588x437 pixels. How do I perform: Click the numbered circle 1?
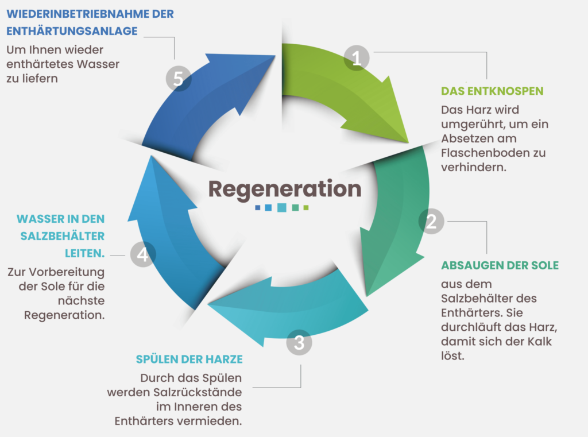point(356,58)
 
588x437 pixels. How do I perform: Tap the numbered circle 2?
point(431,222)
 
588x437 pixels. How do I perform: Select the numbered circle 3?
point(299,343)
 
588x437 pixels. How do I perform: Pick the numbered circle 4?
point(142,254)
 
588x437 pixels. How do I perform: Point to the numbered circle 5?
point(178,79)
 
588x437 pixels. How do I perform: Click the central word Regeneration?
point(284,188)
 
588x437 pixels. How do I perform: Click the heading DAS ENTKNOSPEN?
point(492,91)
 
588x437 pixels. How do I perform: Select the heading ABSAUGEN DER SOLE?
point(500,265)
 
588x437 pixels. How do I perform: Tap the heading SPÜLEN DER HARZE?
point(189,359)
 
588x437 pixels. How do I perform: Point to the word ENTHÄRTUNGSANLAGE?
point(72,31)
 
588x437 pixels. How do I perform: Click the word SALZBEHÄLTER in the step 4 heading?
point(64,236)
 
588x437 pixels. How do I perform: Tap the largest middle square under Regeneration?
point(282,207)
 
